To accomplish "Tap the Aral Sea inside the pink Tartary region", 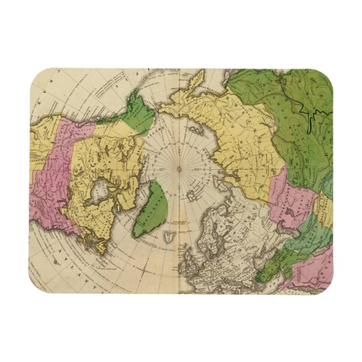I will tap(289, 209).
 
